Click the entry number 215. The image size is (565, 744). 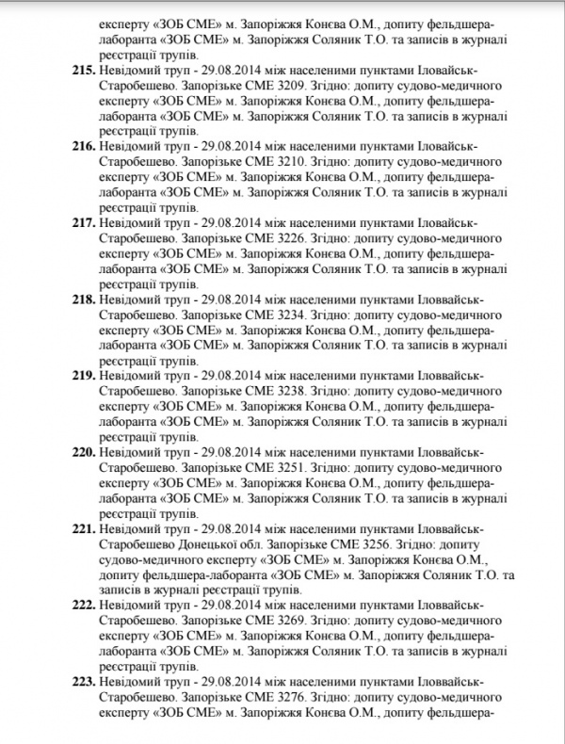[x=84, y=71]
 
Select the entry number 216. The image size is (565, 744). [x=84, y=146]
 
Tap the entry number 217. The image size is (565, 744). [x=84, y=222]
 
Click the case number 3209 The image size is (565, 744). [x=283, y=86]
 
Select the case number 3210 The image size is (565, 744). [x=283, y=161]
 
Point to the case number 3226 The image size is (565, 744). [x=283, y=237]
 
